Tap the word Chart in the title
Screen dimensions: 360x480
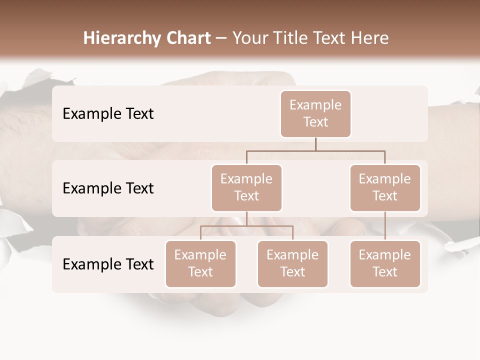click(x=186, y=38)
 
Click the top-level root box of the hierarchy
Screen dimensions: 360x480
click(x=315, y=113)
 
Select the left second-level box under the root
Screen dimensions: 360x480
click(x=246, y=187)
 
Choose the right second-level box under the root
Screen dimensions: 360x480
click(x=385, y=187)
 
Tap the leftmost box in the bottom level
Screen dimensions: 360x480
click(x=200, y=263)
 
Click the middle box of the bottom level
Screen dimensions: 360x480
click(x=292, y=263)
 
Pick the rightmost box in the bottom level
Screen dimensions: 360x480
click(x=385, y=263)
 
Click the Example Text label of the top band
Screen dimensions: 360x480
click(x=108, y=113)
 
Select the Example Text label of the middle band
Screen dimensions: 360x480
click(x=108, y=188)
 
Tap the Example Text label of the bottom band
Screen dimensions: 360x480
click(x=108, y=264)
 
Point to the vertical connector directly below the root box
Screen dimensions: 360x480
click(x=315, y=144)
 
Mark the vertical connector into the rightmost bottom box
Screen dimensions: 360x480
click(x=385, y=226)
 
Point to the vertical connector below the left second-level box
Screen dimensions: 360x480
click(x=246, y=218)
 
